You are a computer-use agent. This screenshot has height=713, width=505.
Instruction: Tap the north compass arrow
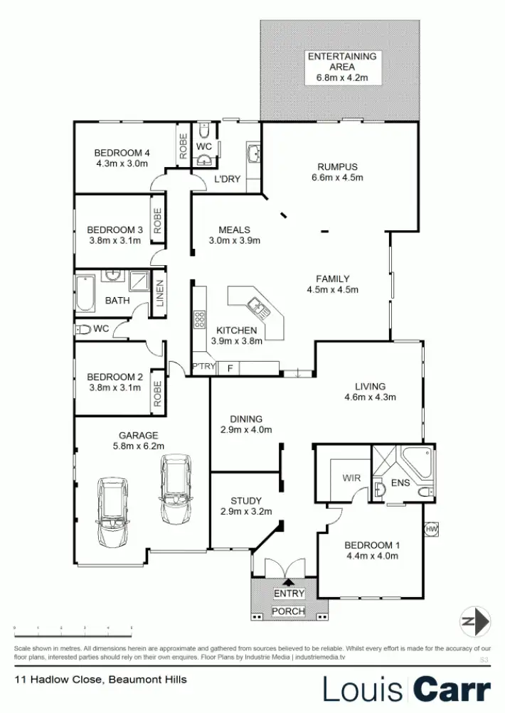474,621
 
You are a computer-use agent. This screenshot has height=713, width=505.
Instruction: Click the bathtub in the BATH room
85,294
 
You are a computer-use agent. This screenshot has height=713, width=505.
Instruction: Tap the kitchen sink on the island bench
256,309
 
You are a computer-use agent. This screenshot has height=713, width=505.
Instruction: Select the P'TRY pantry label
203,367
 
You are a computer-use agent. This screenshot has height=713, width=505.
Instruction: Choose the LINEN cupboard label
159,294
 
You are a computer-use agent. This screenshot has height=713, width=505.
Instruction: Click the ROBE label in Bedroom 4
184,146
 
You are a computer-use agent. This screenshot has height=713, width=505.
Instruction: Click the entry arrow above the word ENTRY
288,582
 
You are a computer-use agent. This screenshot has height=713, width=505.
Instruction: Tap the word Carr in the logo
452,689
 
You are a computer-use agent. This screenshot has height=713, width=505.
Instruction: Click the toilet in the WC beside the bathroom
84,329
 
